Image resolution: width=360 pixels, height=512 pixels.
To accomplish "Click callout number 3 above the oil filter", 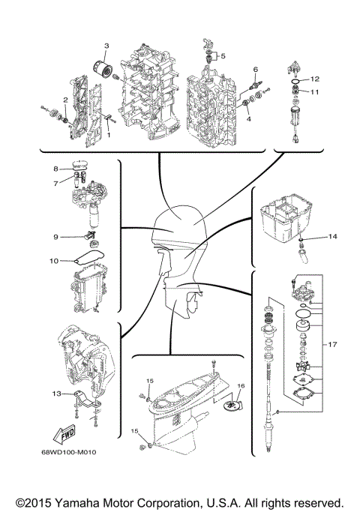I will point(106,46).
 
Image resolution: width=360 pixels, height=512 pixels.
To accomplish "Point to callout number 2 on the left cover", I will point(66,99).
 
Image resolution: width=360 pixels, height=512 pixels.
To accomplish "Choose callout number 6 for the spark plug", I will point(255,69).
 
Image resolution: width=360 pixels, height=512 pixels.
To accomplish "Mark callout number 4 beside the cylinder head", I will point(249,118).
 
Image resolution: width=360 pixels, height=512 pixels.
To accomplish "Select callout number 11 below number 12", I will point(315,91).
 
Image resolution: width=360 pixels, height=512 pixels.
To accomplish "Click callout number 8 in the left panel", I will point(55,169).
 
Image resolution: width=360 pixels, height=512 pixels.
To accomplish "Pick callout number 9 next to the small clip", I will point(55,237).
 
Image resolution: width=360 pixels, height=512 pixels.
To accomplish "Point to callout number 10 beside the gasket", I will point(54,261).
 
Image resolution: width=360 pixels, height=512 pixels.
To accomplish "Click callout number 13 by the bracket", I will point(55,393).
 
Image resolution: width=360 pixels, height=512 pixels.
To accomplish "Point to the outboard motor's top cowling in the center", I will point(177,226).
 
